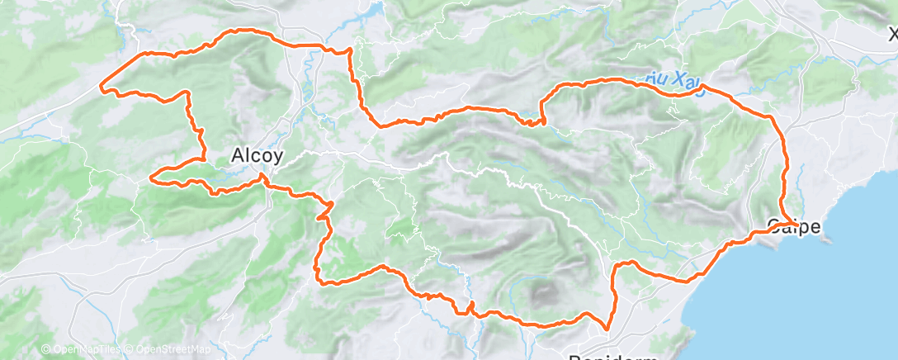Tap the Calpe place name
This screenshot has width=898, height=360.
pos(793,225)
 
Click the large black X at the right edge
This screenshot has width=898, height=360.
pos(892,35)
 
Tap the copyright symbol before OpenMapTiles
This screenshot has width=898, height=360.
pos(45,349)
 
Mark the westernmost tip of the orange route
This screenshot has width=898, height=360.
pos(101,86)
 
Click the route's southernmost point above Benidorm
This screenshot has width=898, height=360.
pos(607,329)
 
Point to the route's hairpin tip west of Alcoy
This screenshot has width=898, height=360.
pos(151,177)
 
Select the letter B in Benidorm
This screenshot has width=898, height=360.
pos(574,358)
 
